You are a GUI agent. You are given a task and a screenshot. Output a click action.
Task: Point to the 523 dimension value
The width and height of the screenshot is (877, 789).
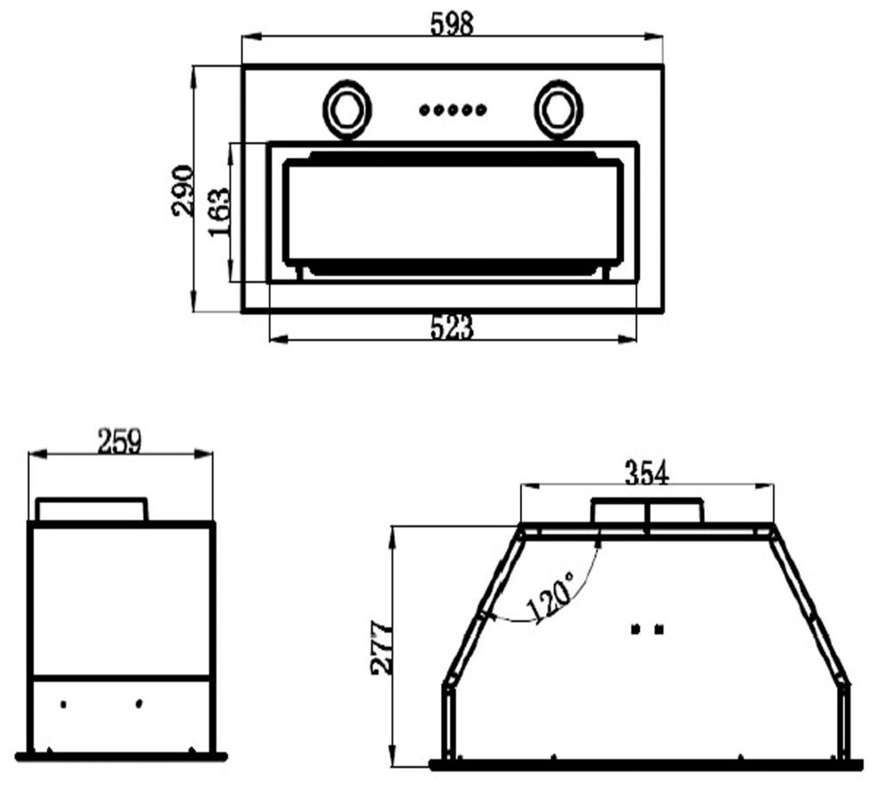(x=452, y=328)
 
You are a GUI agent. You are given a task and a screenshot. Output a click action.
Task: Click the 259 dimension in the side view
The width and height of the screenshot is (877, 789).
(x=120, y=441)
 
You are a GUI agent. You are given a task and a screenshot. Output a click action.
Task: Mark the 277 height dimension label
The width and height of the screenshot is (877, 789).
(x=381, y=647)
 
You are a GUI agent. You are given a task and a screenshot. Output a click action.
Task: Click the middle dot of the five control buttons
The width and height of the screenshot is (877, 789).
(x=453, y=110)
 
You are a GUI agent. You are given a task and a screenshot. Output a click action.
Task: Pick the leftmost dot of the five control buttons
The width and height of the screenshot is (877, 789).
(x=424, y=110)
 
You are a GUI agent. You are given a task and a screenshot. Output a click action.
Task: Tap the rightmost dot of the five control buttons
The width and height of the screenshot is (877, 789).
(x=481, y=110)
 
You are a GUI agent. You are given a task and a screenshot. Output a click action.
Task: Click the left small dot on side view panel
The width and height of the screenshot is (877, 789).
(x=64, y=704)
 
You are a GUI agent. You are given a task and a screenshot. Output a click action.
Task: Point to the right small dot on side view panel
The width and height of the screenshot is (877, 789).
(x=140, y=704)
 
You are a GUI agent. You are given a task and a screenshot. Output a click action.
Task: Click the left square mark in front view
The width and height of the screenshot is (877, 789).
(x=635, y=629)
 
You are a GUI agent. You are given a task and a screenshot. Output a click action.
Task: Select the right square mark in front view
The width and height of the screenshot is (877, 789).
(x=659, y=629)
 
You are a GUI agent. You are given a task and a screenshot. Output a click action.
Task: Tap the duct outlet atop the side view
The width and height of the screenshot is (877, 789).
(x=91, y=509)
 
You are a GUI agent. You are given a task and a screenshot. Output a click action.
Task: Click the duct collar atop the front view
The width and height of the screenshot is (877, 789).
(x=647, y=511)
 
